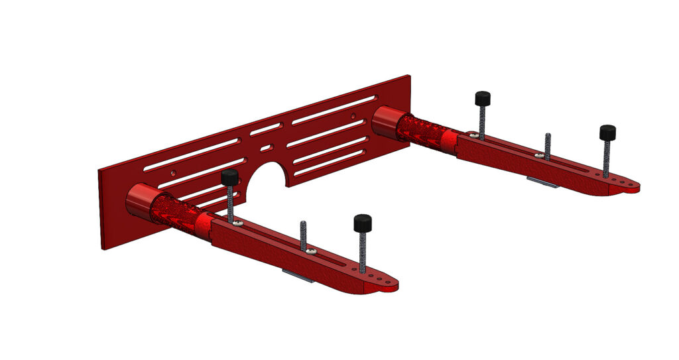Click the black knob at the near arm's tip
click(362, 223)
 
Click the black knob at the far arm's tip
click(607, 133)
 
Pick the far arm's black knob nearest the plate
click(482, 99)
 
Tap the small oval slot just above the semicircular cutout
click(266, 148)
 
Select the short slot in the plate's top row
click(265, 128)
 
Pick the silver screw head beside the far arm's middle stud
click(540, 156)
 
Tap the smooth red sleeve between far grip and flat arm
click(448, 141)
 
